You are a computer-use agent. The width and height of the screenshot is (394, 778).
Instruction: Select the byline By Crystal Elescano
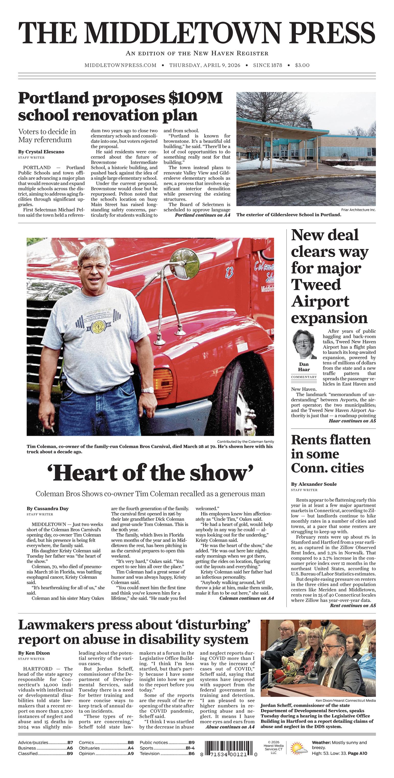pos(41,152)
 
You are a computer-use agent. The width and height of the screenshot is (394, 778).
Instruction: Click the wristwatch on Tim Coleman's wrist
pos(148,390)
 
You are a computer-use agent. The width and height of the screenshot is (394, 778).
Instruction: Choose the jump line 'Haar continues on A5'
pos(352,421)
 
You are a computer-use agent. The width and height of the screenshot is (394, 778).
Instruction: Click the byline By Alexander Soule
pos(314,484)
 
